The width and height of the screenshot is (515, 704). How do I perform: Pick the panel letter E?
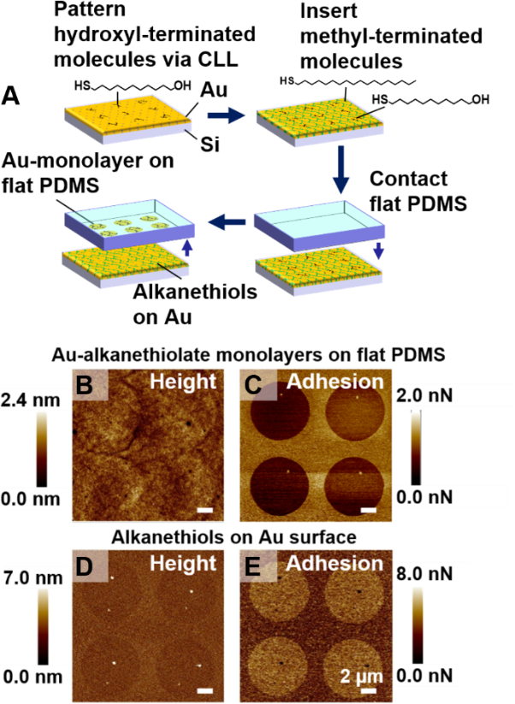[x=254, y=565]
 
